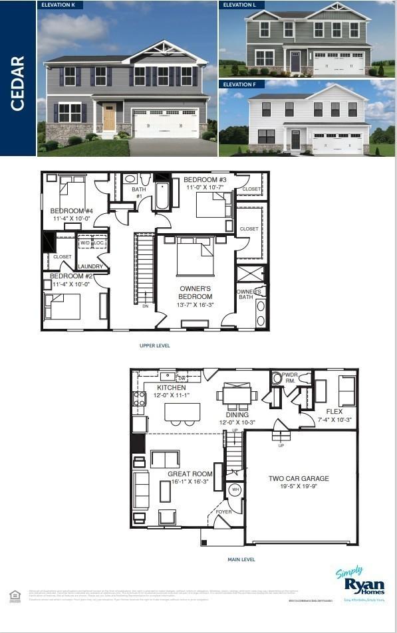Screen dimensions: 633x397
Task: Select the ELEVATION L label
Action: [x=239, y=5]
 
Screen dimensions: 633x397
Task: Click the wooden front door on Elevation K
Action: [x=109, y=117]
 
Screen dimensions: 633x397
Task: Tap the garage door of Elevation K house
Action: [x=166, y=123]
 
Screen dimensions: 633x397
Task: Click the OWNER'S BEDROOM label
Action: [x=196, y=292]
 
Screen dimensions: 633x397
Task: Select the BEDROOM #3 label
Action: [x=205, y=180]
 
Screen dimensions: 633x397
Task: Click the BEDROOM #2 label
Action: [x=70, y=276]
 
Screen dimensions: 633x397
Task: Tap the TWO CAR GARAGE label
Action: [x=299, y=478]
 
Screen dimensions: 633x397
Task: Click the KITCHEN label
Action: [x=171, y=388]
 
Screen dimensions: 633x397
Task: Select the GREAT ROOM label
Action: [x=190, y=474]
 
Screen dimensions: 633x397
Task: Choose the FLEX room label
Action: [x=334, y=412]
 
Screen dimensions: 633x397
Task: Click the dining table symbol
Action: [x=236, y=397]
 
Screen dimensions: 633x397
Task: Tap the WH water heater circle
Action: [x=235, y=490]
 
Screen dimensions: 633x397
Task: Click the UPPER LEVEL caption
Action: [x=154, y=345]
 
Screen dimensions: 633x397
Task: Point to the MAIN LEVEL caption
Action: [x=241, y=559]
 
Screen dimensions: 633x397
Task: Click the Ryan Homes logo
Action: [x=360, y=583]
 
